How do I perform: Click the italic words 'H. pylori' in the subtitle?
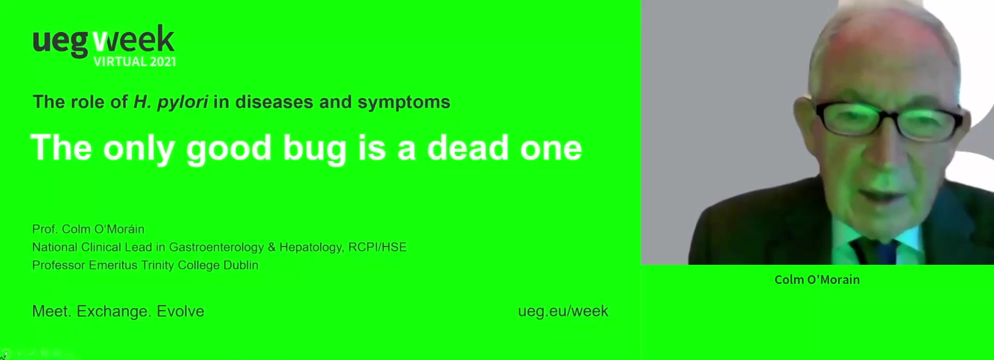(171, 102)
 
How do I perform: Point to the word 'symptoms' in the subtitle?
(404, 102)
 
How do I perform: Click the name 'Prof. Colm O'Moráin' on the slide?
(88, 229)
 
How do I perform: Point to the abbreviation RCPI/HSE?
(378, 247)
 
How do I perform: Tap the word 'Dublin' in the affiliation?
(240, 265)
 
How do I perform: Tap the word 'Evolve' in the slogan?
(180, 311)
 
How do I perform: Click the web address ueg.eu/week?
(563, 311)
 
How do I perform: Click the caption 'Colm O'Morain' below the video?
(817, 280)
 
